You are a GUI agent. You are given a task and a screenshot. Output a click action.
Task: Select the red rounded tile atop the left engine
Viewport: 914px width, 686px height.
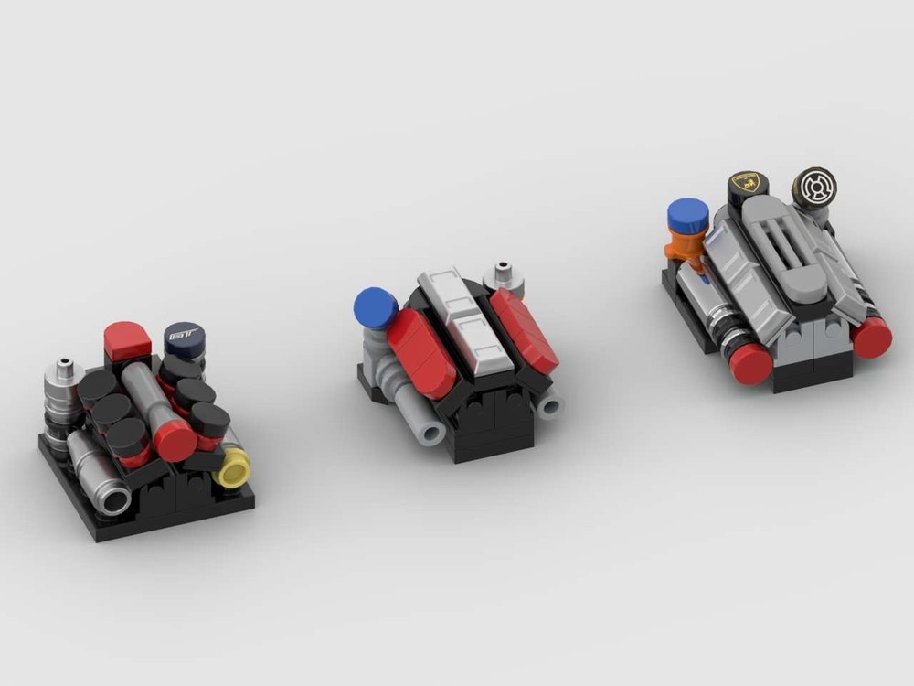[127, 339]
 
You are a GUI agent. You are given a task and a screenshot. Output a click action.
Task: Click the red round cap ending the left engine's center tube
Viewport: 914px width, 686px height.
[175, 442]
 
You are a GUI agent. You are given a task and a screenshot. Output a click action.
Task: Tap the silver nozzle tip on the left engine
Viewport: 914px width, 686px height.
[64, 370]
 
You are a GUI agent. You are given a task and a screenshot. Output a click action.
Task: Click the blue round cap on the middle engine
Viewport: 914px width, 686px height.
[376, 307]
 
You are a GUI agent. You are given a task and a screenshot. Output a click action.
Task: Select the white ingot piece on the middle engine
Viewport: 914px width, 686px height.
[465, 322]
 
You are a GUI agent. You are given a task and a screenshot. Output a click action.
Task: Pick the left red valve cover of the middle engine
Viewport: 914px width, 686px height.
[420, 351]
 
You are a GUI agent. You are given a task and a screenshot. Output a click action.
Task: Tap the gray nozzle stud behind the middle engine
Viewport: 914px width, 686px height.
[504, 274]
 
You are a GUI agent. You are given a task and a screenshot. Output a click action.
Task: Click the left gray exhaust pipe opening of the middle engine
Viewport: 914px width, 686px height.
[430, 430]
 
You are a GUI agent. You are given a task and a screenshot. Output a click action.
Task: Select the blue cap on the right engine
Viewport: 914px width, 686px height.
[688, 216]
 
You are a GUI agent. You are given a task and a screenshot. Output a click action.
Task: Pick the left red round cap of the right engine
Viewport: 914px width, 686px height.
[750, 363]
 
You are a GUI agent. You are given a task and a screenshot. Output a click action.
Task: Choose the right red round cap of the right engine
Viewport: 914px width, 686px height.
[871, 337]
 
